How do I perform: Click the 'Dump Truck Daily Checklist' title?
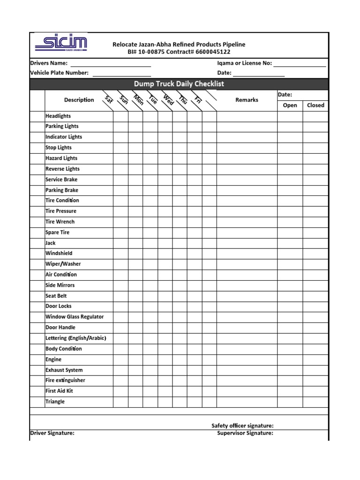[179, 84]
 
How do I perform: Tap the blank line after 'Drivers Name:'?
[110, 63]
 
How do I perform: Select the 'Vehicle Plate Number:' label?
[59, 73]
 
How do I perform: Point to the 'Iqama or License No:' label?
[244, 63]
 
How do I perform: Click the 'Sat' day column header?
[109, 99]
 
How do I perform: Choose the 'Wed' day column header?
[168, 99]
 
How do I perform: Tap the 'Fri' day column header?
[197, 99]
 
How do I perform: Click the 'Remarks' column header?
[247, 100]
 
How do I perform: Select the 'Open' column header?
[290, 105]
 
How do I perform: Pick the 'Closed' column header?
[315, 105]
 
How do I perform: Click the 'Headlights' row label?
[58, 116]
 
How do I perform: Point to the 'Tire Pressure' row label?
[61, 211]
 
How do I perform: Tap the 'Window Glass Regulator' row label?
[75, 317]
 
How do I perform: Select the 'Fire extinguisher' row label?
[65, 380]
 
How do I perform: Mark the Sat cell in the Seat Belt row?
[120, 296]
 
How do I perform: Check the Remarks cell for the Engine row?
[247, 360]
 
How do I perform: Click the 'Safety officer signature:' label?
[242, 426]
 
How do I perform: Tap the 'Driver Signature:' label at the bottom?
[52, 433]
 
